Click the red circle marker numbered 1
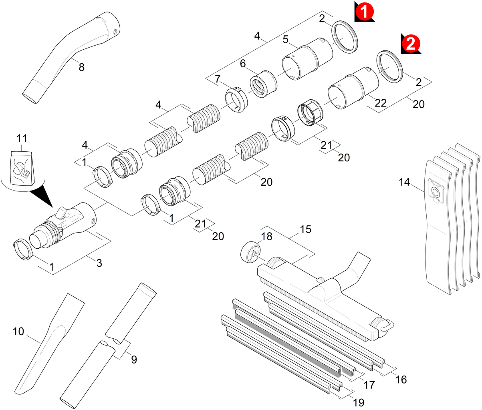coord(364,12)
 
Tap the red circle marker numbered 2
coord(410,43)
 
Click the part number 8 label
coord(81,67)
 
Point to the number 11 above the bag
coord(22,139)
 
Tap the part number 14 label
coord(404,182)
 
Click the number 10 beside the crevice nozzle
coord(18,332)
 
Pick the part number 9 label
coord(134,360)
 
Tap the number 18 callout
coord(266,237)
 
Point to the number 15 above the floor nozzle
coord(305,229)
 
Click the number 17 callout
coord(369,385)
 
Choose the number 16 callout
coord(401,378)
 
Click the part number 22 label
coord(381,103)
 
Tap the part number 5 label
coord(286,40)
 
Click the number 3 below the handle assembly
coord(99,263)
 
